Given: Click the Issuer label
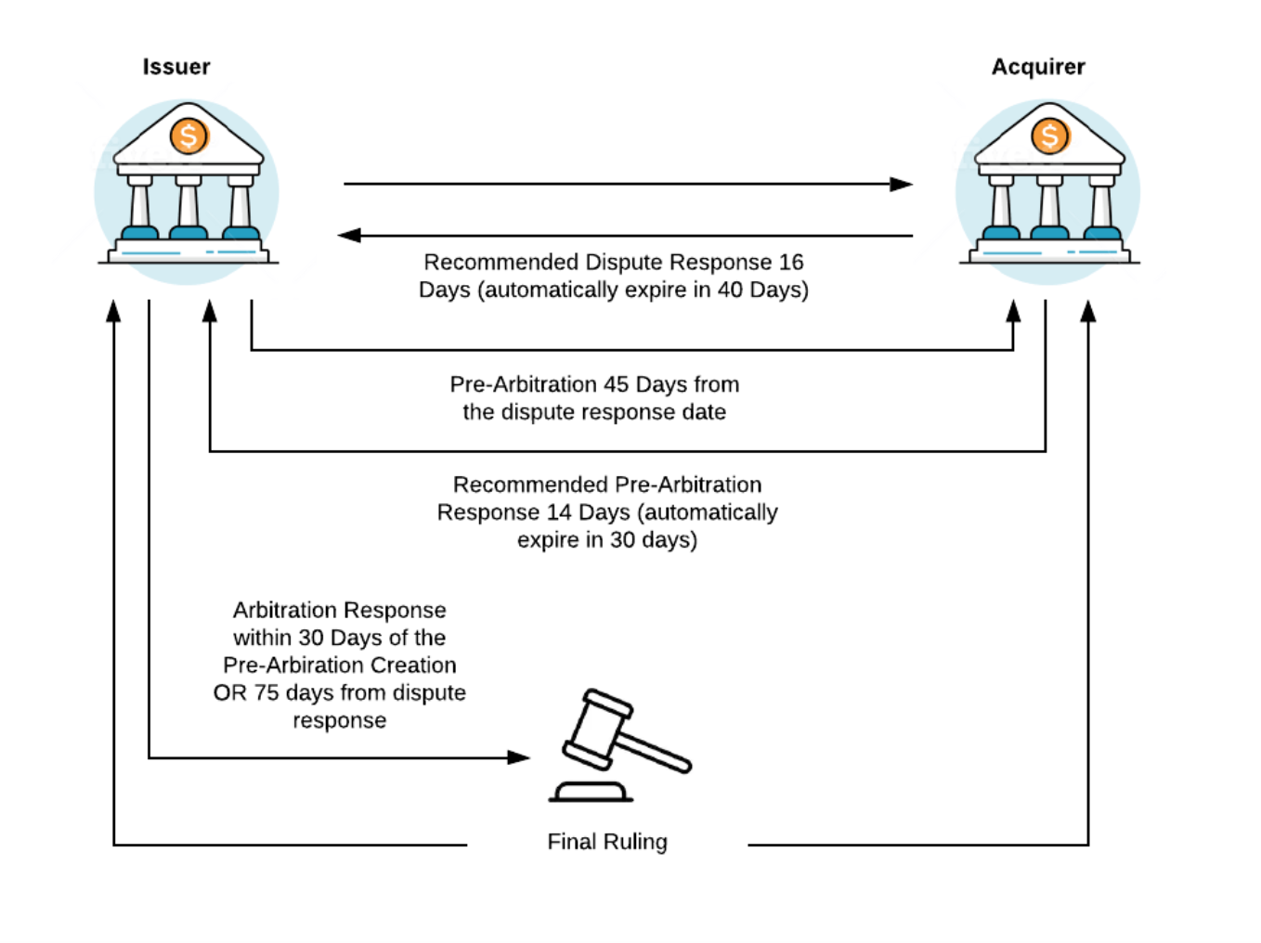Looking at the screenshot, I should click(x=176, y=67).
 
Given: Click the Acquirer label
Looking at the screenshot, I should click(x=1038, y=67).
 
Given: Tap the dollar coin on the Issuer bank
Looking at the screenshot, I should click(x=188, y=136).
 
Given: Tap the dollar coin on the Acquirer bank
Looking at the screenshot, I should click(x=1050, y=136).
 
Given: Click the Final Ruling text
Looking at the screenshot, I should click(x=607, y=842).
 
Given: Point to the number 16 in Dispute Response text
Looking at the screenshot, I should click(x=791, y=263).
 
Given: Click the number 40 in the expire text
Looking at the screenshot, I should click(x=730, y=291).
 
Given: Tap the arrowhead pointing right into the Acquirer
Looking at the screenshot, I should click(x=901, y=184).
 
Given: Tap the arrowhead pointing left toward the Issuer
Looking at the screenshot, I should click(x=349, y=236).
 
